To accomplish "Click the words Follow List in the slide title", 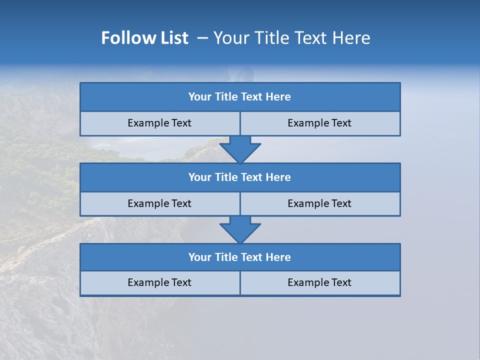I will pyautogui.click(x=144, y=38).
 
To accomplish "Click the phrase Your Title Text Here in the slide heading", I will pyautogui.click(x=291, y=38).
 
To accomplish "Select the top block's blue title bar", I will pyautogui.click(x=240, y=97).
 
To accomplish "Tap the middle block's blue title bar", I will pyautogui.click(x=240, y=177).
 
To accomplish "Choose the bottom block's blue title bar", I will pyautogui.click(x=240, y=257).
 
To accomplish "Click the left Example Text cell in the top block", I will pyautogui.click(x=159, y=123).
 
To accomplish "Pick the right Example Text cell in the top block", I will pyautogui.click(x=319, y=123).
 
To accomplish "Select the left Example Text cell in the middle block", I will pyautogui.click(x=159, y=203).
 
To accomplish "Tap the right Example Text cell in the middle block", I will pyautogui.click(x=319, y=203).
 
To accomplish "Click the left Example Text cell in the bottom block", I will pyautogui.click(x=159, y=282).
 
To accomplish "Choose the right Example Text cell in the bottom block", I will pyautogui.click(x=319, y=282).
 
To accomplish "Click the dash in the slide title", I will pyautogui.click(x=202, y=38).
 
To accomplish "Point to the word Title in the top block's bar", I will pyautogui.click(x=226, y=97).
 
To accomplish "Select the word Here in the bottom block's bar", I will pyautogui.click(x=278, y=257).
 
